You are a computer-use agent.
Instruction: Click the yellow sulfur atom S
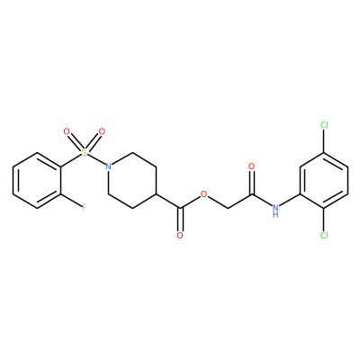(85, 153)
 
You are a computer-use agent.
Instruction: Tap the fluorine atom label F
(85, 208)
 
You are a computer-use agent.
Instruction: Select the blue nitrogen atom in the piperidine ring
(108, 166)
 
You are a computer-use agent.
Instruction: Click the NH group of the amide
(275, 210)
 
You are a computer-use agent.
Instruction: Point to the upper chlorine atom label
(324, 125)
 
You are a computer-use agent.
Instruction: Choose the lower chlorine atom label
(324, 235)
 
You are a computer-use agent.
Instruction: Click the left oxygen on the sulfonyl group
(67, 131)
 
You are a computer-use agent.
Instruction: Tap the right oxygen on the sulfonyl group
(102, 131)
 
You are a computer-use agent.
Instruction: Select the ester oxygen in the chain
(204, 194)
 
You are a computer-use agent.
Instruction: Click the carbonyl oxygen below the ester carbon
(180, 235)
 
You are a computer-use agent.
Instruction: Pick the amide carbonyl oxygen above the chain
(252, 166)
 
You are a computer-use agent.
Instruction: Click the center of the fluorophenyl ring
(37, 180)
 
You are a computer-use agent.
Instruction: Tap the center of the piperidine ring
(132, 180)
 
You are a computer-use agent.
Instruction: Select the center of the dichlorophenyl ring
(324, 180)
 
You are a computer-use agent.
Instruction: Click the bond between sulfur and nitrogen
(96, 159)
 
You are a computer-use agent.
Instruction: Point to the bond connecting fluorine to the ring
(71, 201)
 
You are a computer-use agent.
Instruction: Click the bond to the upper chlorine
(324, 141)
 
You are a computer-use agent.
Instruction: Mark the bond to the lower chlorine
(324, 220)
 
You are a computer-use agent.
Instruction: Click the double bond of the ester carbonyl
(180, 220)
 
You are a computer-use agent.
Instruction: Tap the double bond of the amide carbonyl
(252, 183)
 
